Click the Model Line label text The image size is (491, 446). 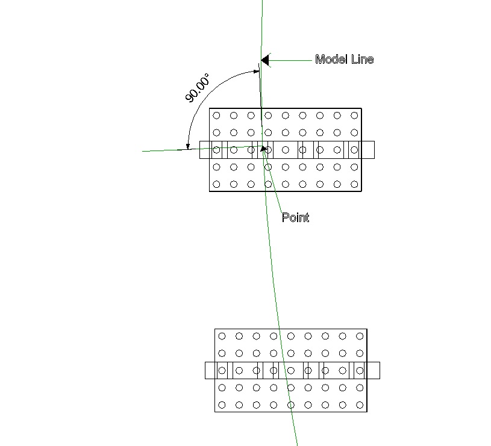tap(344, 59)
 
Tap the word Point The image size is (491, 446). tap(295, 217)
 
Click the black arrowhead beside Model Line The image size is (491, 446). tap(265, 60)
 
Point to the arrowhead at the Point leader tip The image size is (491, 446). tap(264, 149)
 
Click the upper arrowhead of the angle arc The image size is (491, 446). tap(256, 71)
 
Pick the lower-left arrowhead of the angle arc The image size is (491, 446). tap(187, 146)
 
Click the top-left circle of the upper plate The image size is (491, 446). tap(216, 116)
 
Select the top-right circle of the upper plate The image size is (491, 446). tap(354, 116)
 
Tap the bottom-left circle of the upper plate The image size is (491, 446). tap(216, 185)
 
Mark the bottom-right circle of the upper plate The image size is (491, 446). tap(354, 185)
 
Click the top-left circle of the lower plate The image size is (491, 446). tap(222, 336)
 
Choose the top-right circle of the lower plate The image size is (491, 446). tap(360, 336)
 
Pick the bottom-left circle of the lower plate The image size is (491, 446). tap(222, 405)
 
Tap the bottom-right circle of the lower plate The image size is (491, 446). tap(360, 405)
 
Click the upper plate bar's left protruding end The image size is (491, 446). tap(204, 150)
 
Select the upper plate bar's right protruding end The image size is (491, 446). tap(368, 150)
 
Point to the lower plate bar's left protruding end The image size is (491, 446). tap(210, 370)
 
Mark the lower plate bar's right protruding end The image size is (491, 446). tap(374, 370)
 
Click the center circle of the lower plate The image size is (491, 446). tap(290, 371)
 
